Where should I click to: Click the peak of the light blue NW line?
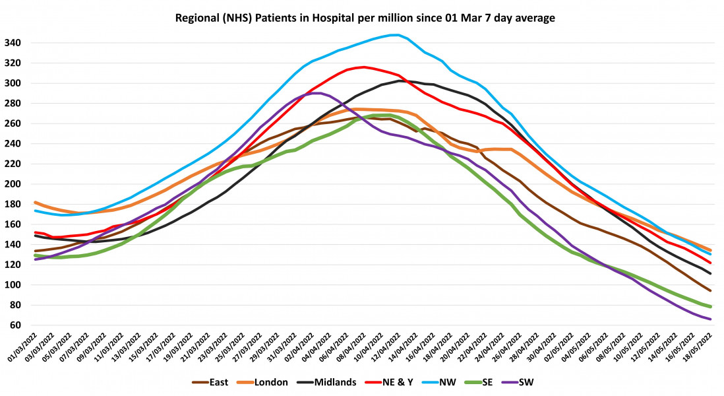click(x=395, y=35)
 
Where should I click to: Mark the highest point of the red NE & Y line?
click(x=363, y=67)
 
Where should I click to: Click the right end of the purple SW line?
click(x=710, y=319)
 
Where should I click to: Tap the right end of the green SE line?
click(x=710, y=307)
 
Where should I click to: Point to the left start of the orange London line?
click(x=34, y=203)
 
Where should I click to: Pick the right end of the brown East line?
click(x=710, y=290)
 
